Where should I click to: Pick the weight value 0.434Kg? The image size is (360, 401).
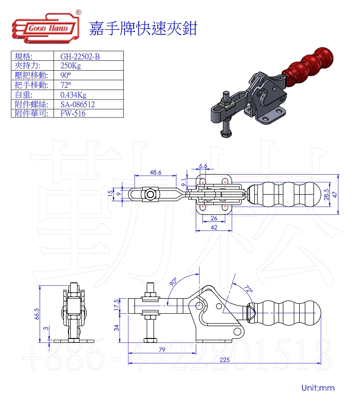point(73,95)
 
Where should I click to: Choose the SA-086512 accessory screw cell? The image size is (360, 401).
point(77,104)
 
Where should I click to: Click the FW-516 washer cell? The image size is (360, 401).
point(72,113)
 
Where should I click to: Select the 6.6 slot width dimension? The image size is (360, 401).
point(203,166)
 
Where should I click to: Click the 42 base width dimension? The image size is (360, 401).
point(214,228)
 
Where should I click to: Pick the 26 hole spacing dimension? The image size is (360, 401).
point(214,218)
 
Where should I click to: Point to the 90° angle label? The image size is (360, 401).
point(173,282)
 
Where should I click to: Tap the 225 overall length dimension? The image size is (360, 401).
point(225,360)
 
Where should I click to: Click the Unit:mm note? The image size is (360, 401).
point(318,387)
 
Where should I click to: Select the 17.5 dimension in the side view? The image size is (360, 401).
point(117,305)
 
